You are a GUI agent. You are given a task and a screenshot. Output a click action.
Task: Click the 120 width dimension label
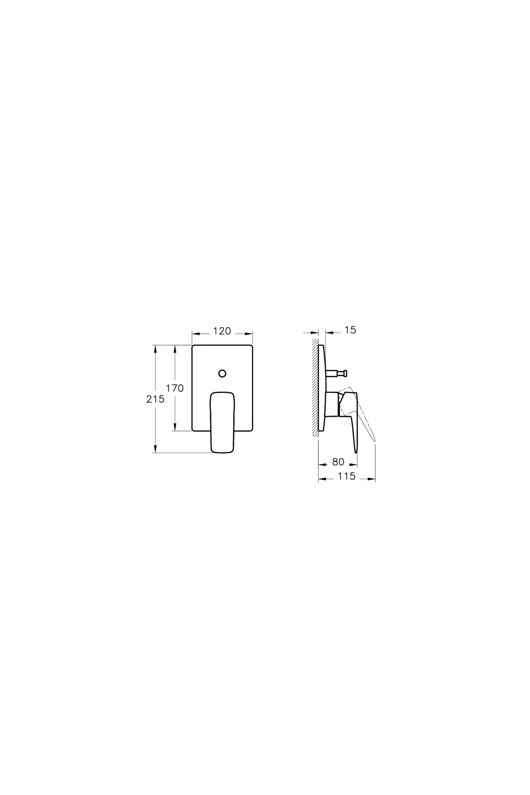tap(222, 331)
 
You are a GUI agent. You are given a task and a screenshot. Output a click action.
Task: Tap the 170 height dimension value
tap(175, 388)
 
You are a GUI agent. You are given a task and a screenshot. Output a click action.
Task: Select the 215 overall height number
tap(155, 399)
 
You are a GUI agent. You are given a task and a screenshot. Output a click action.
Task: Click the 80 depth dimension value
tap(338, 462)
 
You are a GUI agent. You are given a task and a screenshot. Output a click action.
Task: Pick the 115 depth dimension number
tap(347, 477)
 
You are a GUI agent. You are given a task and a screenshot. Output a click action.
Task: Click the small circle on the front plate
tap(223, 373)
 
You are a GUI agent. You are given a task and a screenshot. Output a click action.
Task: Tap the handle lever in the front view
tap(223, 422)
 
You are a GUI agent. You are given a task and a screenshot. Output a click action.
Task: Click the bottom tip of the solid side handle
tap(356, 451)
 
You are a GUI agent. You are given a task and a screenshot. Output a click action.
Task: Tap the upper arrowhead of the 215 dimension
tap(155, 348)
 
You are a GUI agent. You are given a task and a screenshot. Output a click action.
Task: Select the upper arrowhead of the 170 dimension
tap(175, 348)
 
